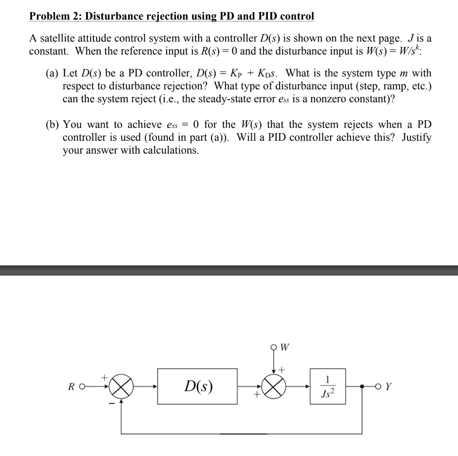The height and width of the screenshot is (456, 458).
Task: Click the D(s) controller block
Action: [x=198, y=386]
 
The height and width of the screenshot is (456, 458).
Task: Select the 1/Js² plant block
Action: [x=328, y=386]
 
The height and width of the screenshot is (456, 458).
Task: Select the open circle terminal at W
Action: [x=274, y=347]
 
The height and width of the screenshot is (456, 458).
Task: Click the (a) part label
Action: [x=52, y=73]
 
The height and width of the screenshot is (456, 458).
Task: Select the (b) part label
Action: [x=52, y=125]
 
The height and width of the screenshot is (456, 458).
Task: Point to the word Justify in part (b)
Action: [x=416, y=137]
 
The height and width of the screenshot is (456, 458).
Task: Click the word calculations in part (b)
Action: [x=171, y=150]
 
